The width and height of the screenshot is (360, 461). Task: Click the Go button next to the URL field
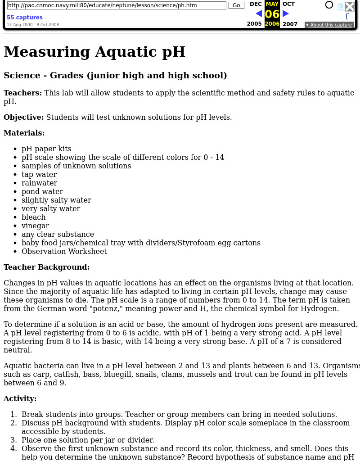click(236, 5)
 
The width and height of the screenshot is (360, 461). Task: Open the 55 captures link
click(25, 18)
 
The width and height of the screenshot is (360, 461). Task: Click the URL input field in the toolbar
click(117, 5)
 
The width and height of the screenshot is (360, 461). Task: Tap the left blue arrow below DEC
click(258, 14)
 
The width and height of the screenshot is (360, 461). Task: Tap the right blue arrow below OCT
click(286, 14)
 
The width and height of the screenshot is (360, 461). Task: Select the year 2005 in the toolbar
click(254, 24)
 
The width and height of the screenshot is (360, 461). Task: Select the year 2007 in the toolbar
click(290, 24)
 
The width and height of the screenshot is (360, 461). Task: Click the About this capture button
click(329, 25)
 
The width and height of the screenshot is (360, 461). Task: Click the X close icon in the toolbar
click(350, 6)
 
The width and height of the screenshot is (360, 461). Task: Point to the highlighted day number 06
click(272, 14)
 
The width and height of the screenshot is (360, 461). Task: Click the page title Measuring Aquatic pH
click(94, 52)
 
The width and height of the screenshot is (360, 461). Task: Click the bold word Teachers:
click(22, 93)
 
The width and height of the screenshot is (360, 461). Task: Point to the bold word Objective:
click(24, 117)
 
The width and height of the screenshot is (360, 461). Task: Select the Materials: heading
click(24, 133)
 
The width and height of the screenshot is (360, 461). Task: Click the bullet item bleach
click(34, 217)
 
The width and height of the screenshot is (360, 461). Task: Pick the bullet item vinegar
click(35, 226)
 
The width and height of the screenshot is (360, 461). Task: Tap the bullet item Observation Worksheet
click(64, 251)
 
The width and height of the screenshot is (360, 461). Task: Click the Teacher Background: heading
click(47, 267)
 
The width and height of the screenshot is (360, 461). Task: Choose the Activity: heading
click(20, 398)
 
